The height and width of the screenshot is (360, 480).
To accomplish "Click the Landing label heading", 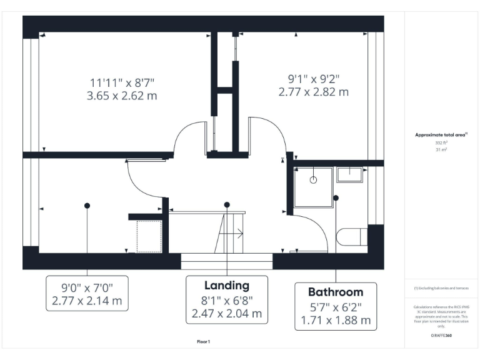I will tap(227, 286).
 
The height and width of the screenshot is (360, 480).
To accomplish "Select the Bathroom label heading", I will tap(336, 292).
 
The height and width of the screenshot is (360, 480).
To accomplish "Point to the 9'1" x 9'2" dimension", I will tap(313, 79).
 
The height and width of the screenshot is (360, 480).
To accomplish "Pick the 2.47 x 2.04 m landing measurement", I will tap(227, 313).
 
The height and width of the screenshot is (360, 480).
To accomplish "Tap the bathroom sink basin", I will tap(350, 174).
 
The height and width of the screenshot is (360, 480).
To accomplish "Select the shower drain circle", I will tap(314, 179).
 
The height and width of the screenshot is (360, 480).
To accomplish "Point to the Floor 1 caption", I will tap(204, 342).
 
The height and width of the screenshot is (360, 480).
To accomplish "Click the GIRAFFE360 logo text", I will tap(441, 336).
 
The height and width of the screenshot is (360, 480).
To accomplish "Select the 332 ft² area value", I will tap(441, 142).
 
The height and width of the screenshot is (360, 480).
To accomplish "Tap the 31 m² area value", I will tap(441, 149).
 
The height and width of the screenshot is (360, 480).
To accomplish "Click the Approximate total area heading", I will tap(441, 134).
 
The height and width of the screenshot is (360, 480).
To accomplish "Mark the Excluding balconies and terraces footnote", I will tap(441, 288).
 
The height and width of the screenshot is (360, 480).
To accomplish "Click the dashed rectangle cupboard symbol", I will tap(149, 236).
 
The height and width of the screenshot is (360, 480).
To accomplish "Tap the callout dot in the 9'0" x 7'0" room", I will tap(87, 205).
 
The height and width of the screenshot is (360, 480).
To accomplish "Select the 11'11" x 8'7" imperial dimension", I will tap(122, 82).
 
